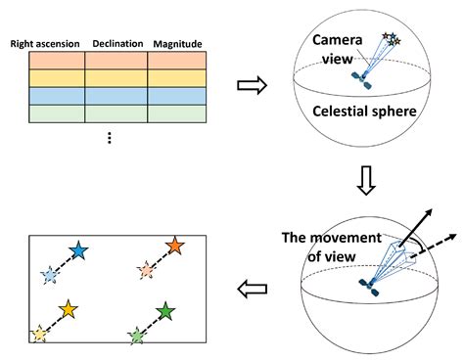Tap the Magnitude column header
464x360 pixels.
click(176, 44)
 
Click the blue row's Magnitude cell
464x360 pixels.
click(176, 96)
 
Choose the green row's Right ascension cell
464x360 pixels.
click(47, 113)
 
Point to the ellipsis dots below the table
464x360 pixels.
click(110, 138)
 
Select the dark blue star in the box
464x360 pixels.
click(78, 250)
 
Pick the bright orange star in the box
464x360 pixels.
click(174, 246)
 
